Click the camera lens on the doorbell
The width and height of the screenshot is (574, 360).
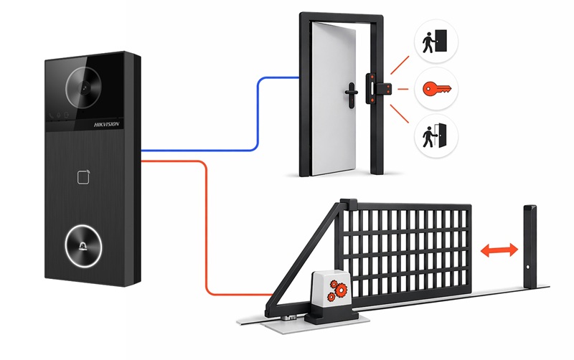coord(84,87)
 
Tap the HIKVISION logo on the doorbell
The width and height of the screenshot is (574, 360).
coord(106,124)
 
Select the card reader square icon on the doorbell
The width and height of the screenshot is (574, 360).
coord(83,177)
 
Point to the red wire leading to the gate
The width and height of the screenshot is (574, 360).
coord(206,227)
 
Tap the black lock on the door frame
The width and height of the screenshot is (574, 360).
coord(378,88)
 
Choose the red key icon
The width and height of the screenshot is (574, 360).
coord(437,89)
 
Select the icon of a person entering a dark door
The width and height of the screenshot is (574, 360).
coord(435,41)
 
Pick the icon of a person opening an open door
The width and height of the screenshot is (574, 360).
coord(435,136)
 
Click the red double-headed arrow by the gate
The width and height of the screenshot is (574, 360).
coord(499,250)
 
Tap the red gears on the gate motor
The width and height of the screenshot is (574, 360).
coord(337,290)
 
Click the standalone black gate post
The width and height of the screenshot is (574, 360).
coord(530,247)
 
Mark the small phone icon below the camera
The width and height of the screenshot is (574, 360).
coord(51,115)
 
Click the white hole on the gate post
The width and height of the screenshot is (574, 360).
coord(527,267)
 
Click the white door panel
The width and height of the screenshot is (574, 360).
coord(333,99)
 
